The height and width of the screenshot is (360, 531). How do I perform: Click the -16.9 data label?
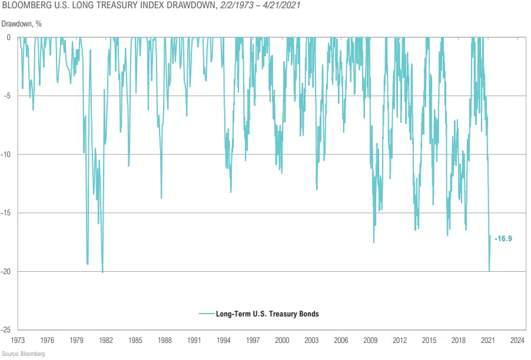(x=503, y=239)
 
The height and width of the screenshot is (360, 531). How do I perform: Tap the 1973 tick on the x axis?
(x=18, y=340)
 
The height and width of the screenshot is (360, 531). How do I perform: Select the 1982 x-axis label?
(x=106, y=340)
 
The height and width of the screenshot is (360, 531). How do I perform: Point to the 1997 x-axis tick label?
(x=253, y=340)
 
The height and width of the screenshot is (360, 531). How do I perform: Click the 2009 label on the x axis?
(x=370, y=340)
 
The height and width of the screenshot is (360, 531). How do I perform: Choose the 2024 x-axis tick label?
(x=517, y=340)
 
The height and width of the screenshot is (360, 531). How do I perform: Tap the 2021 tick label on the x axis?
(x=488, y=340)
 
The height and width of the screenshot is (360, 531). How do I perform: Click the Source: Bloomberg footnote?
(x=23, y=354)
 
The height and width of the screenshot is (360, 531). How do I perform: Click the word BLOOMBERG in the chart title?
(x=25, y=6)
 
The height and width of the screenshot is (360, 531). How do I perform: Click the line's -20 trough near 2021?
(x=489, y=271)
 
